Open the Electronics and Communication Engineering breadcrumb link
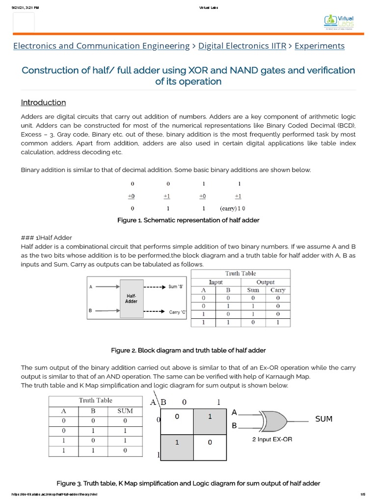(101, 46)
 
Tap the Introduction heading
(43, 102)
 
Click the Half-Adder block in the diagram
(131, 298)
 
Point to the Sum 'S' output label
(176, 286)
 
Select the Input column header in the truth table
(215, 282)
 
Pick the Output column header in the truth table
(265, 282)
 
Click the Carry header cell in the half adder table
(277, 290)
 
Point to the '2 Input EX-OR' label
(272, 439)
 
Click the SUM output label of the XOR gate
(323, 419)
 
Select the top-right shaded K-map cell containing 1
(209, 417)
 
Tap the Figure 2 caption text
(188, 350)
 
